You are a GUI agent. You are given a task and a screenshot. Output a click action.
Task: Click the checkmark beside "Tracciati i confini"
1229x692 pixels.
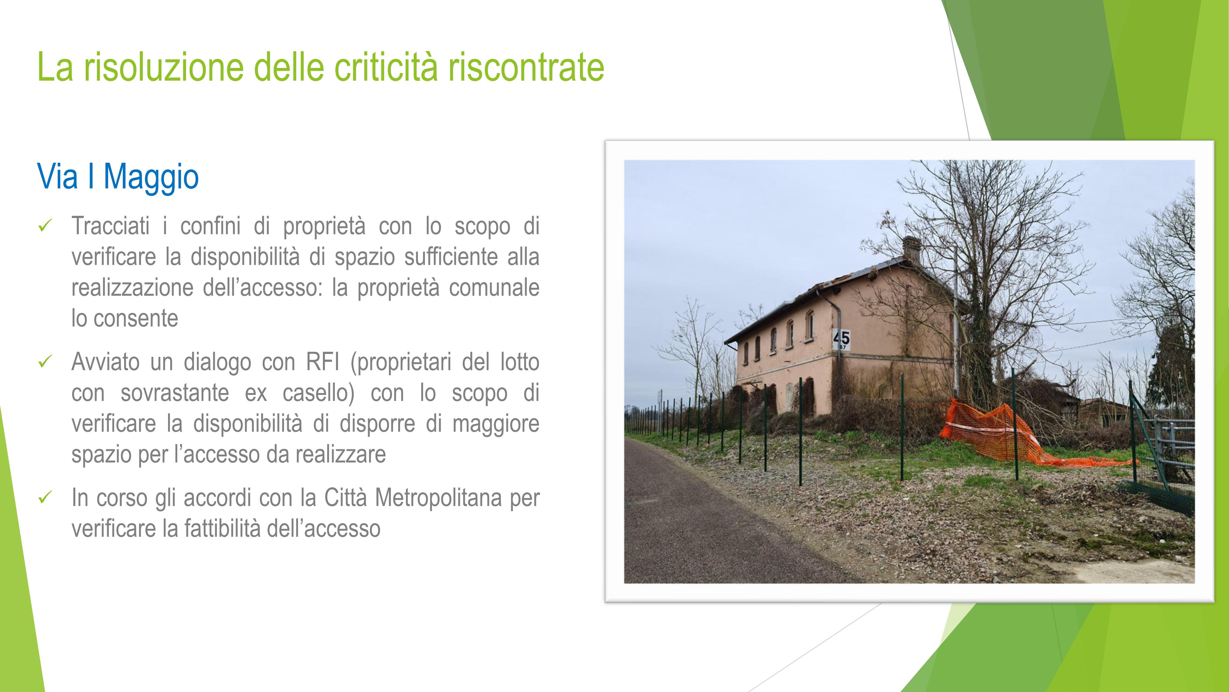[x=44, y=225]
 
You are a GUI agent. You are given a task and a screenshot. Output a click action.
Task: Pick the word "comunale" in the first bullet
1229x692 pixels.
[x=494, y=288]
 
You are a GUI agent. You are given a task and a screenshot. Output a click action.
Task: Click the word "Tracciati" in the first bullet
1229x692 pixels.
[x=111, y=226]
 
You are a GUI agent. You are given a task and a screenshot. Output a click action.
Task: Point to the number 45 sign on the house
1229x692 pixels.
[x=841, y=339]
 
